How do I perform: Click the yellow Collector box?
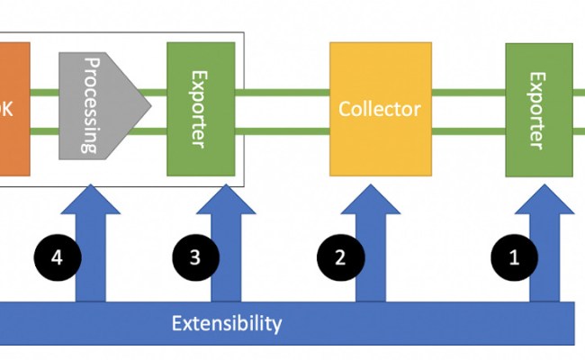pos(379,109)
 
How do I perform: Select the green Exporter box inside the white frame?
pos(201,108)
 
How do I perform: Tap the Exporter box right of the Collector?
pos(538,109)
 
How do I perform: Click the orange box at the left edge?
pos(14,107)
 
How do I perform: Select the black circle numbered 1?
pos(514,257)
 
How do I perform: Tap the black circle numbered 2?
pos(339,257)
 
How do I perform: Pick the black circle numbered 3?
pos(194,257)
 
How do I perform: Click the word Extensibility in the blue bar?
pos(227,323)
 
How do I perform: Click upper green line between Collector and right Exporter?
pos(467,92)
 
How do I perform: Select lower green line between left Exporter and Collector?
pos(283,133)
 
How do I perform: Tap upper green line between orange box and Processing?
pos(45,92)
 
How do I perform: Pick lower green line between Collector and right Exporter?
pos(467,133)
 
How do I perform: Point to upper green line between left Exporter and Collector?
pos(283,92)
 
